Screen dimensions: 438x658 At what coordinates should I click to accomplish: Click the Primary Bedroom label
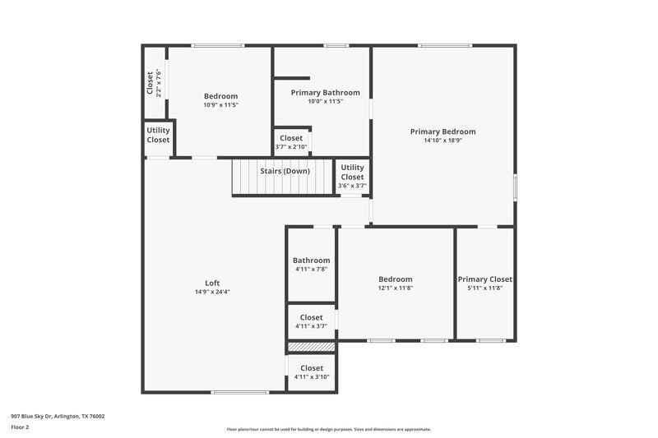coord(443,131)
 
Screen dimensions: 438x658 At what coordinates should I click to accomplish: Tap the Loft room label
coord(212,283)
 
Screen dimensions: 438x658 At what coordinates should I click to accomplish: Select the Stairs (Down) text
coord(285,171)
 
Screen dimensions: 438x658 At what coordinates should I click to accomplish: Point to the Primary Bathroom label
coord(325,93)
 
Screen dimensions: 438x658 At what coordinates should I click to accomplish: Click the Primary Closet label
coord(484,279)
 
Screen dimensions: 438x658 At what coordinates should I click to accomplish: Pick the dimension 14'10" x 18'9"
coord(443,141)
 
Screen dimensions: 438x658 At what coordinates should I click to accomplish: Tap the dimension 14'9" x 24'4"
coord(212,292)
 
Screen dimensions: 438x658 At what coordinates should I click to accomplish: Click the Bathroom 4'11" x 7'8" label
coord(311,260)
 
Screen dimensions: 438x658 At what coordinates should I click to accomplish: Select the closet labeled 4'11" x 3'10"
coord(311,368)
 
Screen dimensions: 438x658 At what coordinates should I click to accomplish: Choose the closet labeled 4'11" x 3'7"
coord(311,317)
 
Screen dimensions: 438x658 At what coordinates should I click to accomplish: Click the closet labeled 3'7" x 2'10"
coord(291,138)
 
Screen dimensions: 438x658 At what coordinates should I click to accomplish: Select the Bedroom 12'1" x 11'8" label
coord(395,279)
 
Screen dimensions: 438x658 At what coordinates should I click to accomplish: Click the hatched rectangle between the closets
coord(311,347)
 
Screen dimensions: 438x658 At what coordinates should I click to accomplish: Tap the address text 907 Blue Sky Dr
coord(58,416)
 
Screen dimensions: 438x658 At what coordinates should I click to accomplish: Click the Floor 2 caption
coord(20,427)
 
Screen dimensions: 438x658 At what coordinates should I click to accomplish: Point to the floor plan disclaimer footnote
coord(328,429)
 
